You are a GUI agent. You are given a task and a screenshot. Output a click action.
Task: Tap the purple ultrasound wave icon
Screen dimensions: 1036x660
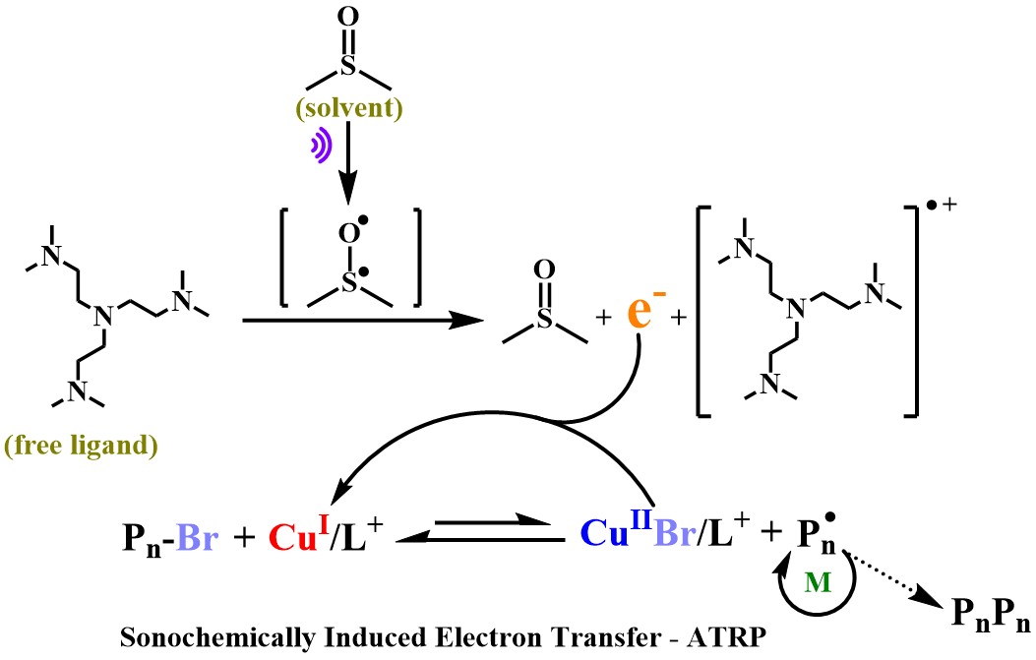(321, 146)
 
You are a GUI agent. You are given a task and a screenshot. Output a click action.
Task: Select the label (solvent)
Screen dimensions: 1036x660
(349, 107)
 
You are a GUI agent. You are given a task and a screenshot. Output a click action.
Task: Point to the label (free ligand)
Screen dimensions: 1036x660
(81, 446)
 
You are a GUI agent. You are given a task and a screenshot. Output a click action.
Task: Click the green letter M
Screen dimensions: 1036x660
(818, 582)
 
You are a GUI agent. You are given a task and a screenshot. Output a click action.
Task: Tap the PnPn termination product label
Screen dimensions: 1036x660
(991, 614)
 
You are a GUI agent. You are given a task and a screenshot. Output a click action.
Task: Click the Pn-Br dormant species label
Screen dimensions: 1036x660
(170, 538)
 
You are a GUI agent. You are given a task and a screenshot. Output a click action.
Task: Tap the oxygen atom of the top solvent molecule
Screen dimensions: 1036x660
(348, 17)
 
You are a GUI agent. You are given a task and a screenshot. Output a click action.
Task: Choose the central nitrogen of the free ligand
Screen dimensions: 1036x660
(102, 316)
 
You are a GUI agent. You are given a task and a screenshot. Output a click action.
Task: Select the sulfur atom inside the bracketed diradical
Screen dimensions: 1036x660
(349, 283)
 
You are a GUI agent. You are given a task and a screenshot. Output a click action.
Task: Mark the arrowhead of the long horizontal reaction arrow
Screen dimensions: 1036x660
(466, 320)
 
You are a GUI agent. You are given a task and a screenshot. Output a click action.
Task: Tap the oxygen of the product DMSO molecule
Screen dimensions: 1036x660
(544, 270)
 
